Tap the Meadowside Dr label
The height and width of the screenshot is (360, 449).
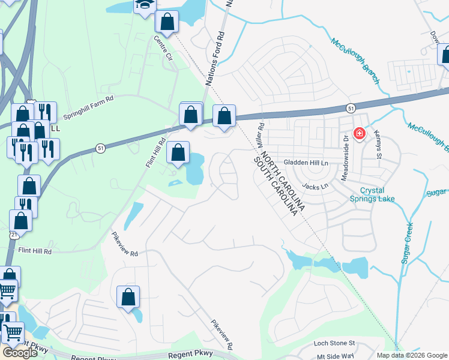(346, 146)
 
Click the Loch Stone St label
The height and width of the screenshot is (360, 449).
(335, 344)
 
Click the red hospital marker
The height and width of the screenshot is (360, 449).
(359, 133)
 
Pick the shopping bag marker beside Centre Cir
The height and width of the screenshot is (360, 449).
(167, 22)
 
